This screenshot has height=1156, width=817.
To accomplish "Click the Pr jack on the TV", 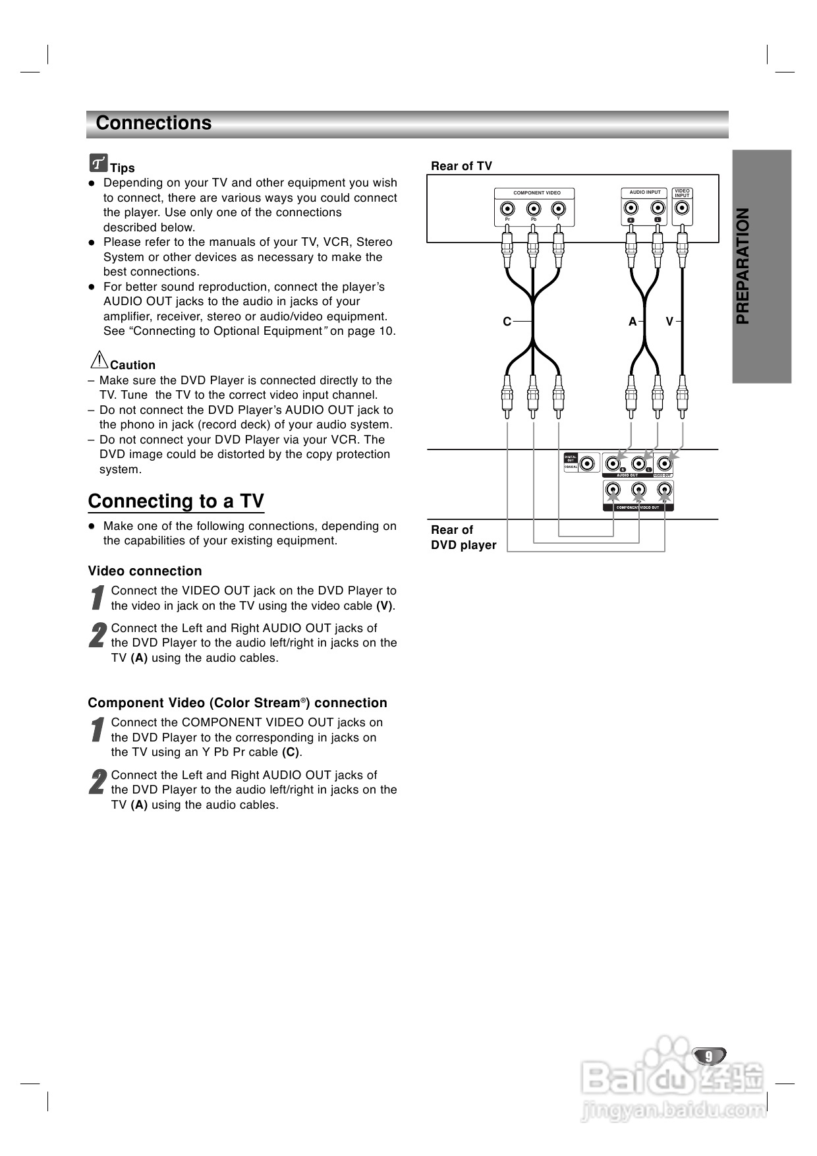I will click(x=507, y=210).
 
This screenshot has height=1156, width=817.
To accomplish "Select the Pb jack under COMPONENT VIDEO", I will click(x=534, y=210).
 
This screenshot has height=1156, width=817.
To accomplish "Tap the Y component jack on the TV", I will click(x=559, y=210).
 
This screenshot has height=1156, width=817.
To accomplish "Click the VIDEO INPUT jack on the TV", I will click(x=683, y=210).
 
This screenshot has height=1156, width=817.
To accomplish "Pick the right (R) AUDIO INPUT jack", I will click(x=631, y=210).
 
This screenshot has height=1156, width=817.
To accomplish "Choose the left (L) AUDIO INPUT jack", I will click(x=657, y=210).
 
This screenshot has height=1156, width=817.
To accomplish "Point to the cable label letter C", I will click(x=507, y=322).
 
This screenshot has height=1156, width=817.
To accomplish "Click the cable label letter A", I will click(x=633, y=322).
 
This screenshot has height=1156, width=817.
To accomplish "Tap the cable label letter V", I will click(x=669, y=322).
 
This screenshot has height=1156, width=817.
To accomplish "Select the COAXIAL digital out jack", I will click(x=586, y=463).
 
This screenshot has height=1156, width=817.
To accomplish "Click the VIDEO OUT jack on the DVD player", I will click(x=665, y=463).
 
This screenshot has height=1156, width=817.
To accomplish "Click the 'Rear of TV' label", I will click(x=461, y=166).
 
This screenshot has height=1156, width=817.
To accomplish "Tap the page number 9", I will click(x=709, y=1056).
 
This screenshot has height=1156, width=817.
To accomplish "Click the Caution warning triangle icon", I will click(x=99, y=360).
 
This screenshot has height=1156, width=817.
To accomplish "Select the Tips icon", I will click(x=98, y=162).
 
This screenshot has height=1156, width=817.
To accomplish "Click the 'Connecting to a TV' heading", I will click(x=176, y=502).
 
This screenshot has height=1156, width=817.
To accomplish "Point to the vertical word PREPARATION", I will click(x=743, y=266).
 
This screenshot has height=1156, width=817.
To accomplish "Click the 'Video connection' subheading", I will click(x=145, y=571).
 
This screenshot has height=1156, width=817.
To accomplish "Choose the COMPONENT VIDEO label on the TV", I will click(x=537, y=193).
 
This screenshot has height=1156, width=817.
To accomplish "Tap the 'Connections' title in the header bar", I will click(x=154, y=123).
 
